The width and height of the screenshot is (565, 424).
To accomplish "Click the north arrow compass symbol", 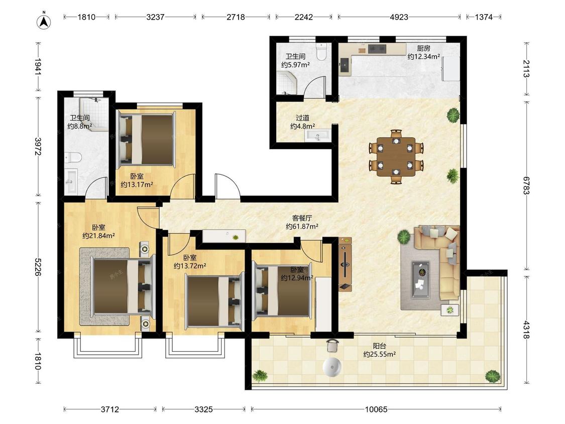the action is pyautogui.click(x=44, y=21).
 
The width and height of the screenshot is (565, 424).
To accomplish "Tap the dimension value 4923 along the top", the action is pyautogui.click(x=399, y=17).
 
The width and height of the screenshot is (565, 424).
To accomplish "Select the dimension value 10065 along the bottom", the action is pyautogui.click(x=376, y=409).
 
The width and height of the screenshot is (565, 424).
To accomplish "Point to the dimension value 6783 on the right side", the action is pyautogui.click(x=526, y=185).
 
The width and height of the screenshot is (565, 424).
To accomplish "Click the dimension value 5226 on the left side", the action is pyautogui.click(x=38, y=267).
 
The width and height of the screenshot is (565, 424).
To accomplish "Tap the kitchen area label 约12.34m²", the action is pyautogui.click(x=423, y=57).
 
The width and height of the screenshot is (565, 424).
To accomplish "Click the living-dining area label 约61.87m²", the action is pyautogui.click(x=302, y=227).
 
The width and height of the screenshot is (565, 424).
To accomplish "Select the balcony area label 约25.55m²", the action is pyautogui.click(x=380, y=354).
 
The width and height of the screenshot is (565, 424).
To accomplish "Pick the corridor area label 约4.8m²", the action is pyautogui.click(x=303, y=126).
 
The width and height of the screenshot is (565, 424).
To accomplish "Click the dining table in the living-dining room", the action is pyautogui.click(x=396, y=156).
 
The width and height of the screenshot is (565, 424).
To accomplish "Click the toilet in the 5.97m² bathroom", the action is pyautogui.click(x=321, y=52).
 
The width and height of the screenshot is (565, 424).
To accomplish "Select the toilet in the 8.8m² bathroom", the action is pyautogui.click(x=73, y=158).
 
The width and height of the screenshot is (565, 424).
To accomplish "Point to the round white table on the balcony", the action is pyautogui.click(x=332, y=367).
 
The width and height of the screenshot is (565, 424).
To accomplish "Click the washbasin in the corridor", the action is pyautogui.click(x=317, y=136).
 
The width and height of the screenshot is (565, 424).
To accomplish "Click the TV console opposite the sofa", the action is pyautogui.click(x=345, y=264).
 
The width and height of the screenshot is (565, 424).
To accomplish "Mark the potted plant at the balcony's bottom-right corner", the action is pyautogui.click(x=493, y=376).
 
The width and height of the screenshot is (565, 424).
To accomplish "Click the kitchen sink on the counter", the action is pyautogui.click(x=345, y=65).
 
